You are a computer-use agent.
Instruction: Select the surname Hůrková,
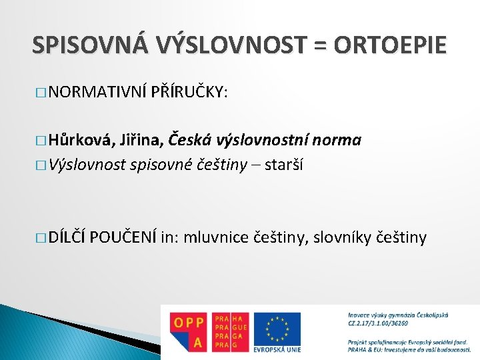pyautogui.click(x=83, y=140)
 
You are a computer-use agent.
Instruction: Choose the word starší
pyautogui.click(x=284, y=164)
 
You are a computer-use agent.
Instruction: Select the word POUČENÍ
pyautogui.click(x=125, y=236)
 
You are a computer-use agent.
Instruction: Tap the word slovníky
pyautogui.click(x=337, y=236)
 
